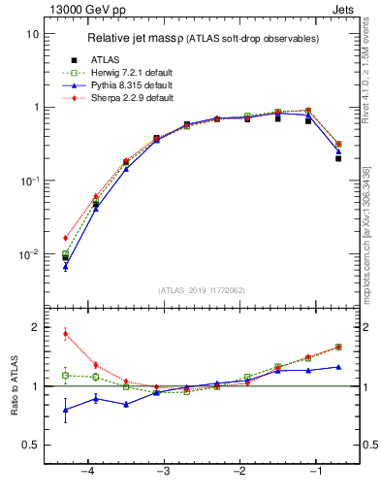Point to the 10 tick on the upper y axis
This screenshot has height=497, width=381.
tap(33, 34)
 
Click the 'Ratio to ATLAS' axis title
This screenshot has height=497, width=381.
tap(15, 388)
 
